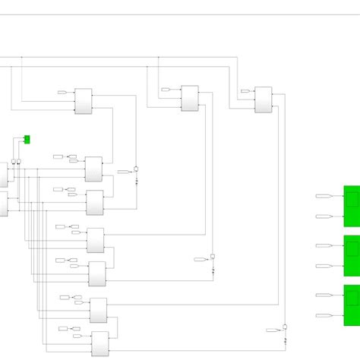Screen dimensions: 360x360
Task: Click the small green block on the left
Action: pyautogui.click(x=27, y=139)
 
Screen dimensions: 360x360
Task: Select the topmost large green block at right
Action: pyautogui.click(x=352, y=206)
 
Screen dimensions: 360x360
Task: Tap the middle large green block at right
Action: pyautogui.click(x=352, y=256)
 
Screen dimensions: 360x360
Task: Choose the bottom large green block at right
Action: pyautogui.click(x=352, y=305)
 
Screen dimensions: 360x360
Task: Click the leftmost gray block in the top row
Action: pyautogui.click(x=83, y=101)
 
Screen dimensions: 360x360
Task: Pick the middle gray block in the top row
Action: pyautogui.click(x=190, y=98)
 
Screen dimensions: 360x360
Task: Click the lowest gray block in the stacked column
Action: pyautogui.click(x=100, y=344)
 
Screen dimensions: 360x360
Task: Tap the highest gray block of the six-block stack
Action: pyautogui.click(x=93, y=169)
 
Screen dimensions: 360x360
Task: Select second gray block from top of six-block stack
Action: pyautogui.click(x=95, y=203)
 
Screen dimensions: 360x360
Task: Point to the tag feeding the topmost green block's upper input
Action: pyautogui.click(x=323, y=196)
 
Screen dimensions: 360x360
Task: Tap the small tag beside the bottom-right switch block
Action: pyautogui.click(x=271, y=330)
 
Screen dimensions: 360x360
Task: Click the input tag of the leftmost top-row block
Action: pyautogui.click(x=62, y=93)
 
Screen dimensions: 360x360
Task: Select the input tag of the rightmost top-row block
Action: pyautogui.click(x=245, y=91)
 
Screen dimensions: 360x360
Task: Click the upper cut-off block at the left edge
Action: pyautogui.click(x=3, y=174)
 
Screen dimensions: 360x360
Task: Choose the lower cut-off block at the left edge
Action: pyautogui.click(x=3, y=204)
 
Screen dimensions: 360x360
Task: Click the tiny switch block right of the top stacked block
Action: pyautogui.click(x=136, y=169)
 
